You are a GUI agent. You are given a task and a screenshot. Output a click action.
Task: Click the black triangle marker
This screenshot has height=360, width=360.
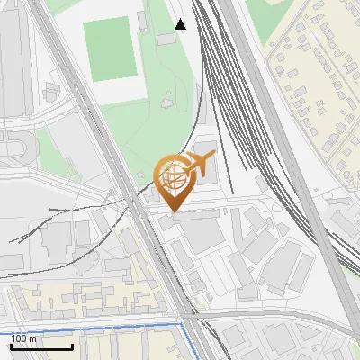tap(181, 24)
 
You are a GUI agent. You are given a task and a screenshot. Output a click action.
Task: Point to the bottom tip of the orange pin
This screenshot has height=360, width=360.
tap(171, 211)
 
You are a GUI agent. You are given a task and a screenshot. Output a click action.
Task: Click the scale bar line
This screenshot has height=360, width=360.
tap(41, 346)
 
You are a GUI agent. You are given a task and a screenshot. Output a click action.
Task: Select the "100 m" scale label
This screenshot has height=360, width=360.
tap(24, 338)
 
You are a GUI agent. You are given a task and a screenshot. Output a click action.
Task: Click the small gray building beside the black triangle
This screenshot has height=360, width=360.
tap(166, 39)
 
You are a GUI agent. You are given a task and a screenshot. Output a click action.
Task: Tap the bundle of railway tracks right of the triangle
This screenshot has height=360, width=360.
tap(216, 54)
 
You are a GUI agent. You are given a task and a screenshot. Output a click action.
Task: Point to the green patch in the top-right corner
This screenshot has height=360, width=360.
tap(270, 18)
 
